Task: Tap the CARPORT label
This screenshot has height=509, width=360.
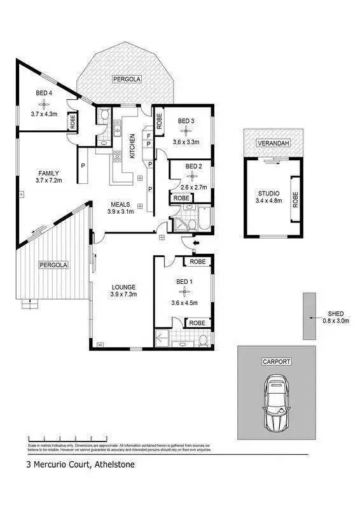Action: coord(276,361)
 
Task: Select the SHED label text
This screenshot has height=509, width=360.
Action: coord(336,314)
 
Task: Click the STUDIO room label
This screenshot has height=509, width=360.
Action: coord(268,193)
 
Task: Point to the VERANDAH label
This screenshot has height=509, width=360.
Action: coord(273,144)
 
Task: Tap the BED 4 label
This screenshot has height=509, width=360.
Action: coord(43,94)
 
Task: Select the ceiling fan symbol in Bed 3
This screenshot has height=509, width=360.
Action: coord(186,131)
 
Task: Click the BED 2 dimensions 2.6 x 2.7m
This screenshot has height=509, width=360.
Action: coord(195,187)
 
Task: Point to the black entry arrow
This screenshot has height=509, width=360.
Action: coord(196,242)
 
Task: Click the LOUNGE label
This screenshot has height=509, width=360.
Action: coord(124,286)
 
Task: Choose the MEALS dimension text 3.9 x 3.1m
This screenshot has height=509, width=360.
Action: coord(121,211)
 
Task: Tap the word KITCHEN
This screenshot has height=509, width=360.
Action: coord(133,146)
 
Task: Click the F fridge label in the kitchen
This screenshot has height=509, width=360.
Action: coord(148,135)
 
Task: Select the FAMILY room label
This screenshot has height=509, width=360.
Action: coord(48,173)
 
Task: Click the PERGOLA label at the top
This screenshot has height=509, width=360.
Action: coord(127,80)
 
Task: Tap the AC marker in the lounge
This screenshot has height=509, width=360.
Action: coord(100,345)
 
